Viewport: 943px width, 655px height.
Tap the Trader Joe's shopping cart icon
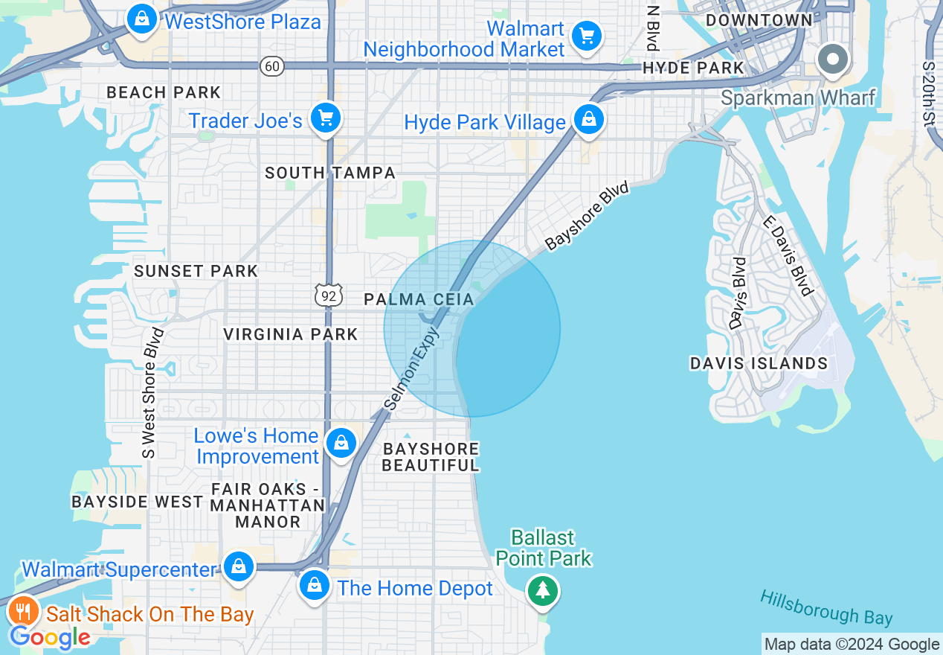(325, 118)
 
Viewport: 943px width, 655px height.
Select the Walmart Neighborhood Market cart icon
(587, 35)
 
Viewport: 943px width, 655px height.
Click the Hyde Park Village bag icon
(588, 119)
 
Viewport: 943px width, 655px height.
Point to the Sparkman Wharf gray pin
(832, 60)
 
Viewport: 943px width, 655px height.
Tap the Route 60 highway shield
(272, 66)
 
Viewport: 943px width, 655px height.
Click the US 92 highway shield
(328, 295)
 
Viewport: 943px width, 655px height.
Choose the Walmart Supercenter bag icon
(239, 566)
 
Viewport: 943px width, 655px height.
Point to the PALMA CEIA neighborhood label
(418, 299)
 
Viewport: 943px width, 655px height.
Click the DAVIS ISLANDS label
(759, 363)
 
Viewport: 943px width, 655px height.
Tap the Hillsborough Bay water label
(825, 607)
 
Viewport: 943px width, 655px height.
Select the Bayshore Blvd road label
(588, 216)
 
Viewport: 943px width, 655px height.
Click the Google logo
(49, 637)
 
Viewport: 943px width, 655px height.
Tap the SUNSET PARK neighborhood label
(196, 271)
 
